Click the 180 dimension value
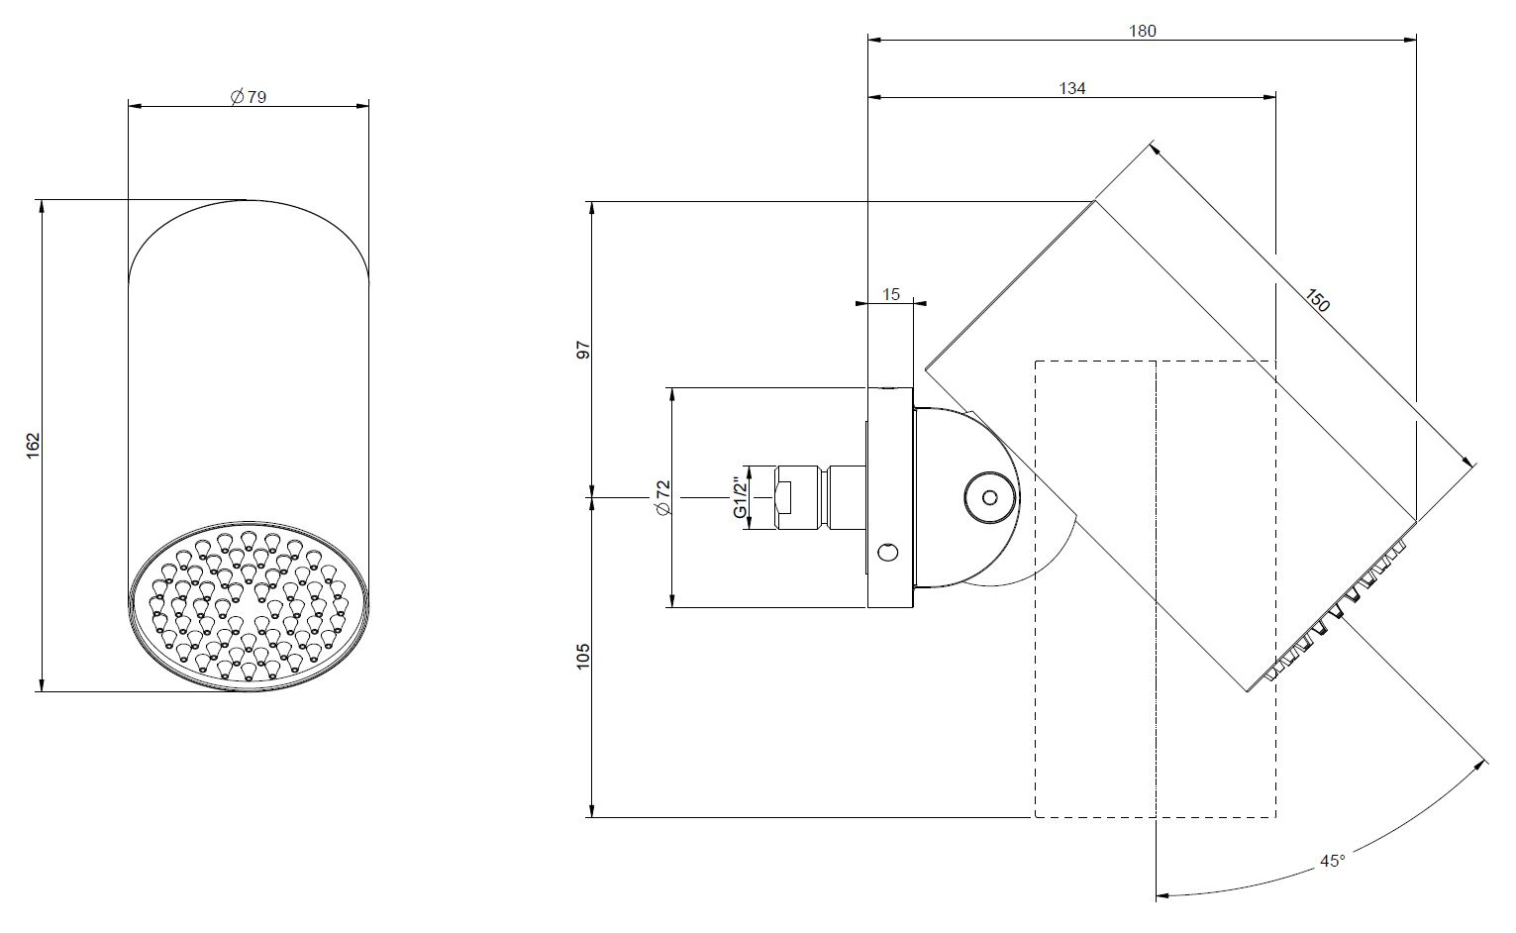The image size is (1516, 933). (1143, 31)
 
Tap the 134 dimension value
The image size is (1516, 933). (1072, 88)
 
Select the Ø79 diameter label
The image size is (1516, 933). (249, 97)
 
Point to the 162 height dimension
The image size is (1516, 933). (33, 446)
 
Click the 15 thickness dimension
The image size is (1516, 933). (891, 294)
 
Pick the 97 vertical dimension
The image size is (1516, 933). (582, 350)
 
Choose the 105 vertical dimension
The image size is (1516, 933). (582, 656)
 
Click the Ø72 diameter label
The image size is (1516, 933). (663, 497)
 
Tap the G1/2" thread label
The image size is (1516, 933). (741, 497)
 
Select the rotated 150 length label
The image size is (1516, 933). (1317, 300)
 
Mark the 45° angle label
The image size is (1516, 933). (1332, 861)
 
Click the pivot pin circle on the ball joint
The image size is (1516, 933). (989, 497)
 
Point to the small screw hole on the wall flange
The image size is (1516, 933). (888, 552)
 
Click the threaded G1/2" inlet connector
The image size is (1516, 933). (820, 497)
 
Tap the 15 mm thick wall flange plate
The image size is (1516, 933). (890, 497)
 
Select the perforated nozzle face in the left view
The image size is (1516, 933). (250, 606)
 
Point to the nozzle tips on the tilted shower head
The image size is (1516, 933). (1337, 613)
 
